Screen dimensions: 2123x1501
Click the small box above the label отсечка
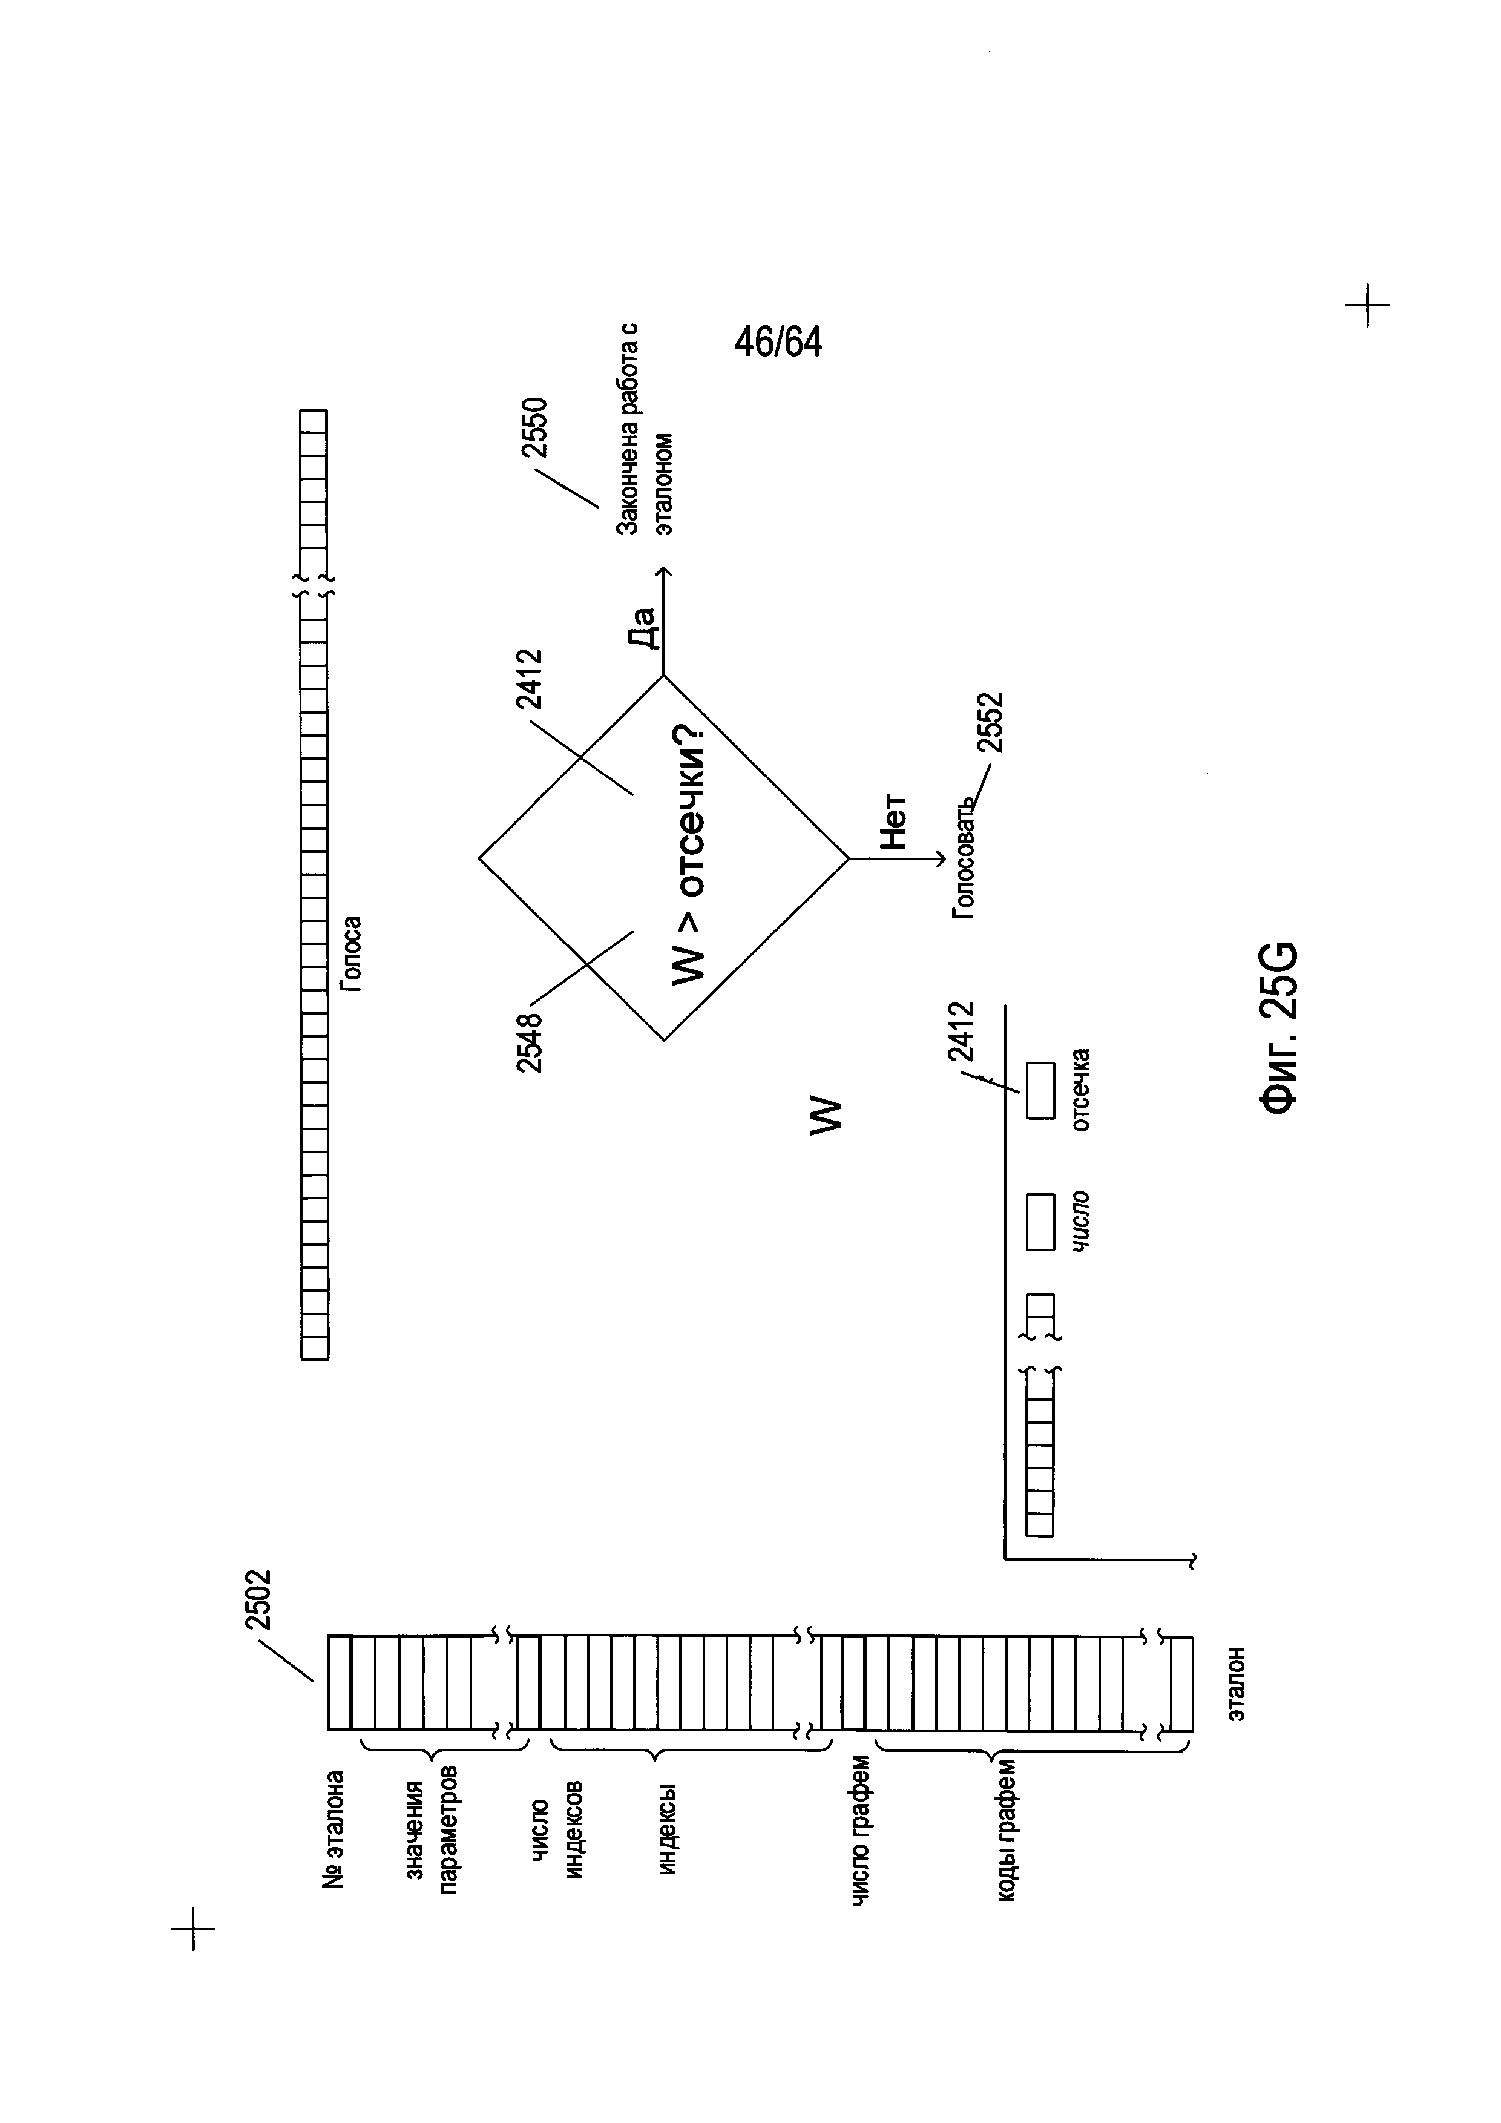pos(1041,1090)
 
